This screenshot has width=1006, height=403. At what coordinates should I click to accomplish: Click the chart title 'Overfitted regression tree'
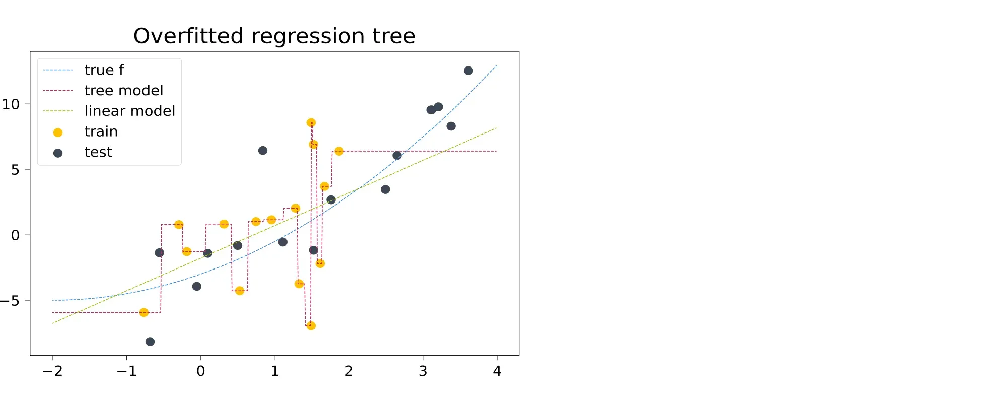pyautogui.click(x=274, y=36)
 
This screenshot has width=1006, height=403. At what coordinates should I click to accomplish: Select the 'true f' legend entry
pyautogui.click(x=104, y=70)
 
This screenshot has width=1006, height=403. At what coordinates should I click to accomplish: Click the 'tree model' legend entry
pyautogui.click(x=123, y=90)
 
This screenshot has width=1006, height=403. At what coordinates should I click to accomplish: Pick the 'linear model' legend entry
pyautogui.click(x=129, y=111)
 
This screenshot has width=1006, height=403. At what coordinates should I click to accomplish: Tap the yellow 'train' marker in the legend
pyautogui.click(x=58, y=132)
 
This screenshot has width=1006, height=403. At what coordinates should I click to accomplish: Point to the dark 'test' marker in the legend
pyautogui.click(x=58, y=153)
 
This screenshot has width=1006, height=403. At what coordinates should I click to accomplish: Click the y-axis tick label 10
pyautogui.click(x=11, y=104)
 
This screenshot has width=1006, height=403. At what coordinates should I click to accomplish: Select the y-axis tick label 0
pyautogui.click(x=15, y=235)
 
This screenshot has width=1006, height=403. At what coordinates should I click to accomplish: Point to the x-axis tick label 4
pyautogui.click(x=497, y=371)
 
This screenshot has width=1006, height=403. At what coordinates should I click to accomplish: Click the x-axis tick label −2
pyautogui.click(x=52, y=371)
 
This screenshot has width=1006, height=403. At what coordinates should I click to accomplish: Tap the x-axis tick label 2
pyautogui.click(x=349, y=371)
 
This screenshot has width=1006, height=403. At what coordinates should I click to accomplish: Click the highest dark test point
pyautogui.click(x=468, y=71)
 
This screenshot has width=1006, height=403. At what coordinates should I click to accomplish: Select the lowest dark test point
pyautogui.click(x=150, y=342)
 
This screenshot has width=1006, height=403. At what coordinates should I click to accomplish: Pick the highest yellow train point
pyautogui.click(x=311, y=123)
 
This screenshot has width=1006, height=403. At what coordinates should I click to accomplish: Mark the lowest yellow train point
pyautogui.click(x=311, y=326)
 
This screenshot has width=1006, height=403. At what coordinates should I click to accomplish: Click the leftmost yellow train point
pyautogui.click(x=144, y=313)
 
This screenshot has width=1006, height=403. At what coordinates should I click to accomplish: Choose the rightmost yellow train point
pyautogui.click(x=339, y=151)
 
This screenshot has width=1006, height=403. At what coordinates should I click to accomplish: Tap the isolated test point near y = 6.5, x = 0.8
pyautogui.click(x=263, y=151)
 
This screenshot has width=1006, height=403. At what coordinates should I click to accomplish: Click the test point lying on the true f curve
pyautogui.click(x=397, y=156)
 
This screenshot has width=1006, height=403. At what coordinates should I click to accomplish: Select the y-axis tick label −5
pyautogui.click(x=11, y=301)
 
